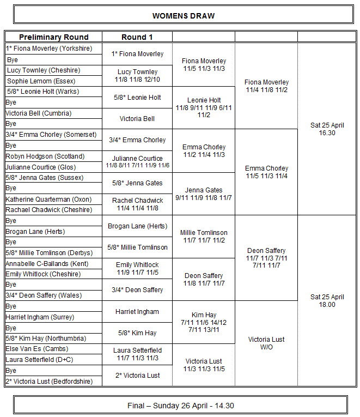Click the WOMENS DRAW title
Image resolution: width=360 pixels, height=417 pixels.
183,16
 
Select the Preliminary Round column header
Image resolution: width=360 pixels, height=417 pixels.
53,37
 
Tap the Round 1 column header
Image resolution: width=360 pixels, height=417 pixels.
137,37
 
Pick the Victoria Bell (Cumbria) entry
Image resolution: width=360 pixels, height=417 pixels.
38,113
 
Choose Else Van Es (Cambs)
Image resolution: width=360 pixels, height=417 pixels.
36,349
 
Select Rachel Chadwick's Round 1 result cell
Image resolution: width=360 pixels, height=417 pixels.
137,204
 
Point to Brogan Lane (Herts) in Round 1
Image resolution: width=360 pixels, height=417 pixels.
137,226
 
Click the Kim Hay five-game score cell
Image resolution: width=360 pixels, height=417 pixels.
204,322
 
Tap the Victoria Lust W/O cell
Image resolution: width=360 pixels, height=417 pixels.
266,343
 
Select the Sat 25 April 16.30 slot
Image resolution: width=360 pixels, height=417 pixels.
327,129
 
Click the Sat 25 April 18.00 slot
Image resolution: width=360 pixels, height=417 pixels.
327,300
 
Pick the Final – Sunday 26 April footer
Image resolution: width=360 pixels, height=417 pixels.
180,406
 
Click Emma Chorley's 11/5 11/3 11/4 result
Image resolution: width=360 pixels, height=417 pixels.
266,172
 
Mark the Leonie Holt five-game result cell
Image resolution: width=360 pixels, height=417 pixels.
204,107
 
